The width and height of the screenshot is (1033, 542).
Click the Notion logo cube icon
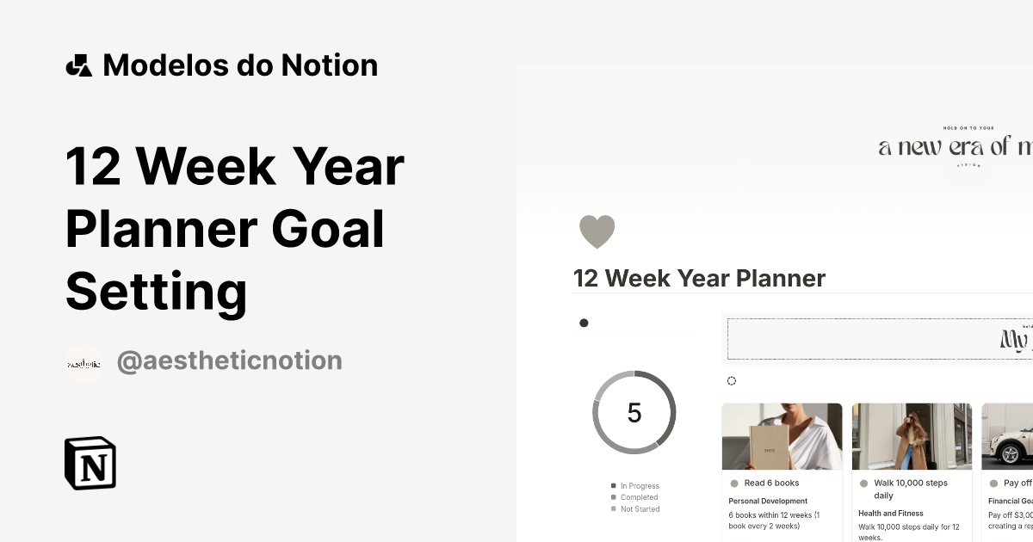tap(90, 463)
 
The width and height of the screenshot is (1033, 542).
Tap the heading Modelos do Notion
tap(239, 65)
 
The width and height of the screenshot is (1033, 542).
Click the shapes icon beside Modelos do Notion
tap(78, 65)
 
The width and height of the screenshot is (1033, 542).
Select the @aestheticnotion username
tap(229, 360)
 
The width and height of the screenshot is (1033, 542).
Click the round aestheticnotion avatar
tap(84, 364)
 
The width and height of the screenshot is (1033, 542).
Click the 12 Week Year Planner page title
tap(699, 279)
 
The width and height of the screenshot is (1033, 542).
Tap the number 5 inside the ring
tap(634, 413)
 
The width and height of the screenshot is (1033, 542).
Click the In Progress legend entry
tap(639, 486)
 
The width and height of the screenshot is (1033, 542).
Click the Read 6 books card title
tap(771, 483)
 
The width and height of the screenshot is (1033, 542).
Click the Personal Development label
tap(768, 501)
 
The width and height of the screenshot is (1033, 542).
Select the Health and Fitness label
tap(890, 514)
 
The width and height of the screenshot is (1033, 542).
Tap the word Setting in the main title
tap(156, 291)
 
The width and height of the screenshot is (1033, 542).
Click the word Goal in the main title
tap(328, 229)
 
